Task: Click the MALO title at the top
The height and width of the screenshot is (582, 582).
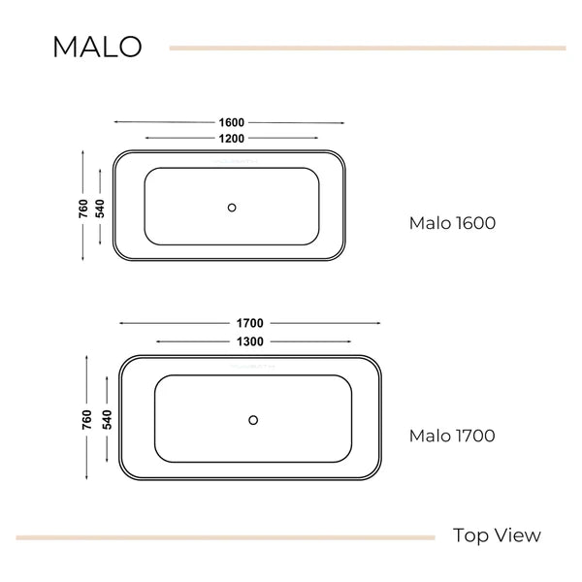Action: [x=97, y=47]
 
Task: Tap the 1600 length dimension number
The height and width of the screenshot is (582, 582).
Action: [x=231, y=122]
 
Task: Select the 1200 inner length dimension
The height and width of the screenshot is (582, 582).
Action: [x=231, y=139]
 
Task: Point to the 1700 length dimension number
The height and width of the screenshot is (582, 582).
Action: [x=250, y=323]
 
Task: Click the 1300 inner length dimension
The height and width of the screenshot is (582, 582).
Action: [x=250, y=341]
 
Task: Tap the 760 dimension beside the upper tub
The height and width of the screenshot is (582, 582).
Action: [x=83, y=209]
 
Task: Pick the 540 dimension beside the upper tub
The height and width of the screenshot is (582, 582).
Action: [x=100, y=209]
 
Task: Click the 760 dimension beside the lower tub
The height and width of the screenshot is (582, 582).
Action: [x=86, y=420]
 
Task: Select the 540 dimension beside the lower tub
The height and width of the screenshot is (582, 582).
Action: [x=107, y=420]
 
